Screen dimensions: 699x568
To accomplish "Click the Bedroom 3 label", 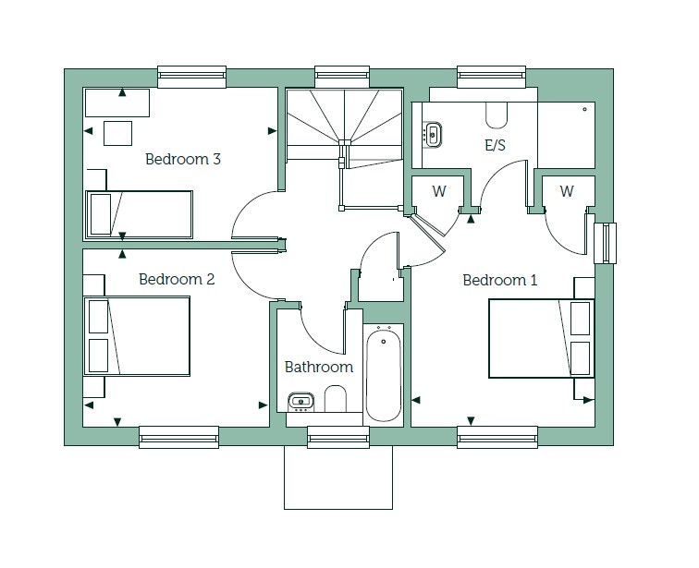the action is coord(183,159).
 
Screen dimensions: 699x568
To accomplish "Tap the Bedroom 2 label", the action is coord(177,279).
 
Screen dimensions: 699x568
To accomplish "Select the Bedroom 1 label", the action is coord(499,280).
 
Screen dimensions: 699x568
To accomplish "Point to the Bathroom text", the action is coord(319,367).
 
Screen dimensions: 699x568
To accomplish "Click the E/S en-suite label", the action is coord(495,145).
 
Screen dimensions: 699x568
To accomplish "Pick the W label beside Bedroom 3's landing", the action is coord(438,191).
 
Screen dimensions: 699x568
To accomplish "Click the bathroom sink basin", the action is coord(300,402).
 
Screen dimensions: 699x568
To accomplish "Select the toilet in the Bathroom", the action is coord(336,399).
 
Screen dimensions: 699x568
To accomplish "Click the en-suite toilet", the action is coord(497,115).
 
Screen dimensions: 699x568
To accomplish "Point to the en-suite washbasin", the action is coord(432,134).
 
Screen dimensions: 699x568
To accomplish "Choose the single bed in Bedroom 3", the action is coord(139,215).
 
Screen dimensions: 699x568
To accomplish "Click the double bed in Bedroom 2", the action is coord(137,336).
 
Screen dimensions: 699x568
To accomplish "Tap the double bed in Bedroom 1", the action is coord(541,338).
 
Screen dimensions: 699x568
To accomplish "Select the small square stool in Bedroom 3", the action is coord(117,133).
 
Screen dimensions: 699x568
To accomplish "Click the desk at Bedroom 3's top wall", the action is coord(117,103).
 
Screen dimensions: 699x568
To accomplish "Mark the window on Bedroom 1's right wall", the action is coord(606,243).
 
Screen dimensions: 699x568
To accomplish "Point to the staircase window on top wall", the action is coord(342,77).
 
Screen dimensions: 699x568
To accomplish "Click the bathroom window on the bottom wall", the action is coord(338,437).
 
